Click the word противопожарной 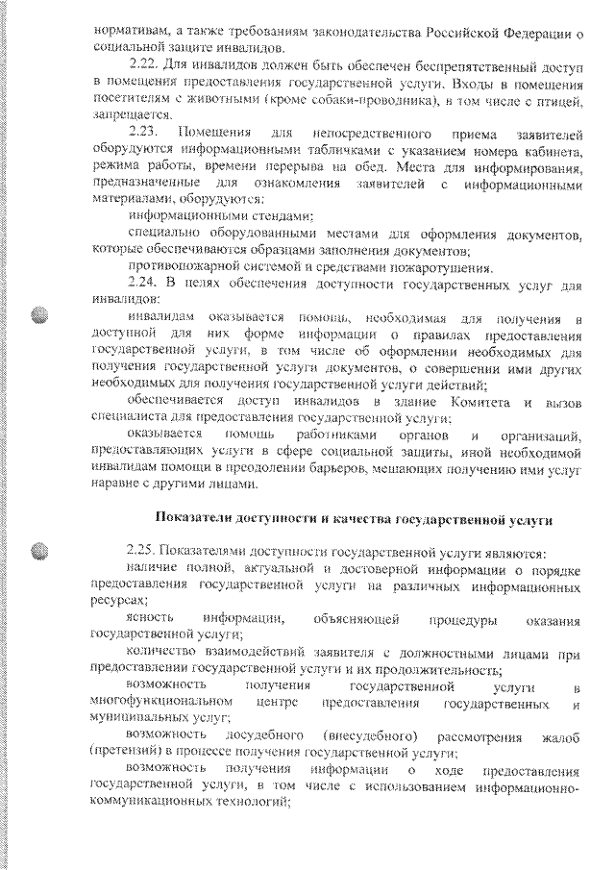point(189,266)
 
